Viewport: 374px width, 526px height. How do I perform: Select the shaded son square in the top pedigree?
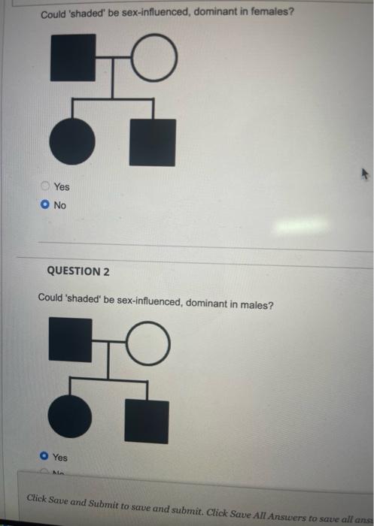(x=152, y=142)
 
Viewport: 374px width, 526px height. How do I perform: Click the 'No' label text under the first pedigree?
(x=60, y=205)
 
